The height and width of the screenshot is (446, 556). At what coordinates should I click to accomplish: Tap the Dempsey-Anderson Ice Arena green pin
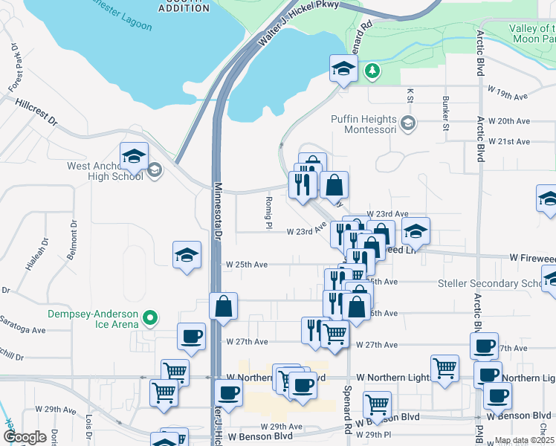151,318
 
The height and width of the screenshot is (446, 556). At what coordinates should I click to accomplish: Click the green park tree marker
372,71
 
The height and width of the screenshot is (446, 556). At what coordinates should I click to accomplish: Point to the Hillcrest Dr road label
35,114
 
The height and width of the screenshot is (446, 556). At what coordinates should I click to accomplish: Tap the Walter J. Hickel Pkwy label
297,25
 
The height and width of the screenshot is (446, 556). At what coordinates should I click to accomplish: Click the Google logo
25,437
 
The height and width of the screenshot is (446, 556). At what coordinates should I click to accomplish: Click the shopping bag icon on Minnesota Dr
224,307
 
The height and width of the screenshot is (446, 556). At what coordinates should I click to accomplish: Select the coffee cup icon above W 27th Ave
192,336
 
